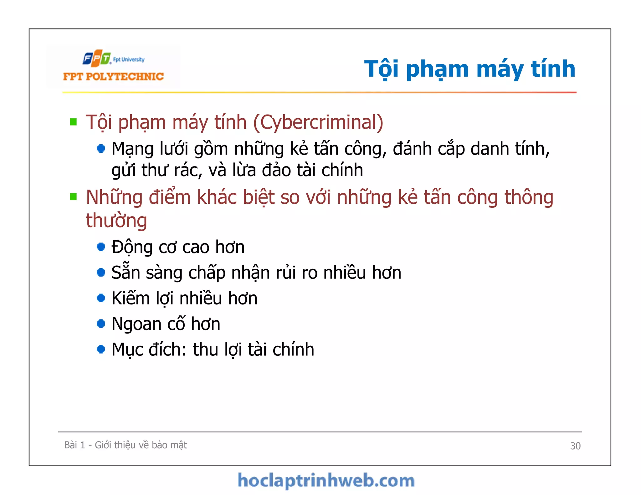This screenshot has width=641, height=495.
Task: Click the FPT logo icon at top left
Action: coord(97,58)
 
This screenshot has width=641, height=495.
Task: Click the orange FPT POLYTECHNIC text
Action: coord(113,77)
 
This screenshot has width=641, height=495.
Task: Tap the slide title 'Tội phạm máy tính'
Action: coord(469,69)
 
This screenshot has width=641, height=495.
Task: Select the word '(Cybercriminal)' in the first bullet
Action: coord(318,122)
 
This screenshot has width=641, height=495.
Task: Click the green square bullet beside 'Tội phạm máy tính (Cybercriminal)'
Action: coord(74,122)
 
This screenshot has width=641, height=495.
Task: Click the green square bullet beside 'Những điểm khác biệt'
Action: coord(74,197)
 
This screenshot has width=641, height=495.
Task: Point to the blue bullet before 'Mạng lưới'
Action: coord(101,148)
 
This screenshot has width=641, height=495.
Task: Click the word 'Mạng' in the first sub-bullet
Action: coord(132,149)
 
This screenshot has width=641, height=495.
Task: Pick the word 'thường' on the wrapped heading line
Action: coord(116,221)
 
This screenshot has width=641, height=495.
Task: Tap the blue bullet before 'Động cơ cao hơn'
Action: coord(101,247)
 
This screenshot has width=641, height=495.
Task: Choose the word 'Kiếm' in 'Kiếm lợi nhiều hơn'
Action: coord(131,298)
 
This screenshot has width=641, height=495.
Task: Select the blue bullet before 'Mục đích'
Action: coord(101,349)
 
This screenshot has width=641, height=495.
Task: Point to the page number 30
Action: coord(575,446)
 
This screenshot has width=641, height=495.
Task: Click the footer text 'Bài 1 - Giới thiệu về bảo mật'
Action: coord(125,445)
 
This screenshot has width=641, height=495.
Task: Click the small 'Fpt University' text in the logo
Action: coord(129,59)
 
